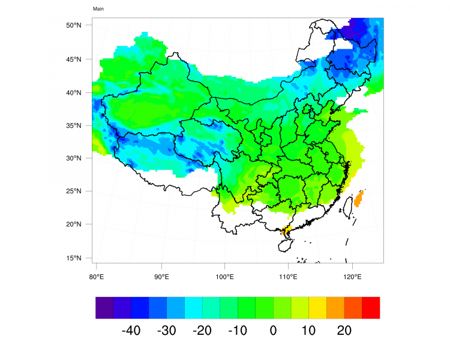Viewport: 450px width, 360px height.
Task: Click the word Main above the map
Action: coord(98,9)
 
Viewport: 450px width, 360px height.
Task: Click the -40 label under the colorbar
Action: coord(131,331)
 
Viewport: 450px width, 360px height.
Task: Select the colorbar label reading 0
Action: coord(273,331)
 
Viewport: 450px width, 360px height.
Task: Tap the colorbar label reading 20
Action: coord(344,331)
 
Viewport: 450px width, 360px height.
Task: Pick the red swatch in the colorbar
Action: coord(371,307)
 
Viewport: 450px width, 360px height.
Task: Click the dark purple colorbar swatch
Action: coord(104,307)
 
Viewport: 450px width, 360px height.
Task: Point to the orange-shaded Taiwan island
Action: coord(359,199)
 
